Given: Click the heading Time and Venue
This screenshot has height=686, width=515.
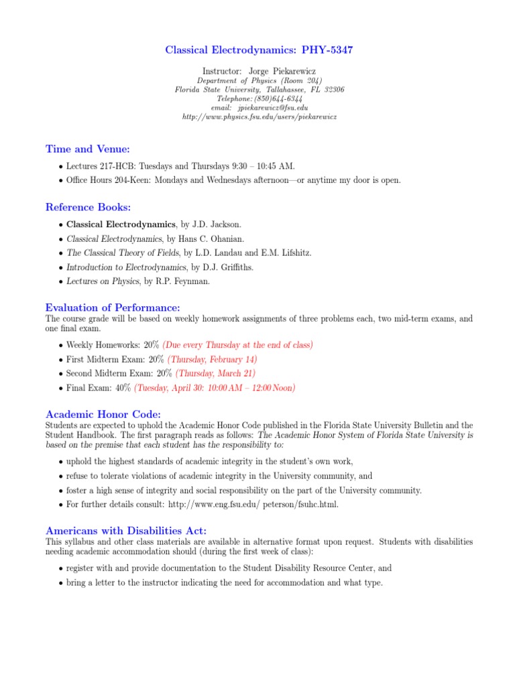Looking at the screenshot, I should tap(88, 149).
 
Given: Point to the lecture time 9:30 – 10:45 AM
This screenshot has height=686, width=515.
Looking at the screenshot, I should tap(258, 165).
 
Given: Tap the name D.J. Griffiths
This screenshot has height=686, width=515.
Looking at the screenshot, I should tap(208, 267).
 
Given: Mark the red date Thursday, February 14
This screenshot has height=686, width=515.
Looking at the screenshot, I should tap(212, 359).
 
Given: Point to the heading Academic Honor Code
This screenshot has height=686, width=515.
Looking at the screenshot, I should tap(103, 414).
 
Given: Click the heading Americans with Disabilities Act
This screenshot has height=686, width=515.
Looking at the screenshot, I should tap(126, 531).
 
